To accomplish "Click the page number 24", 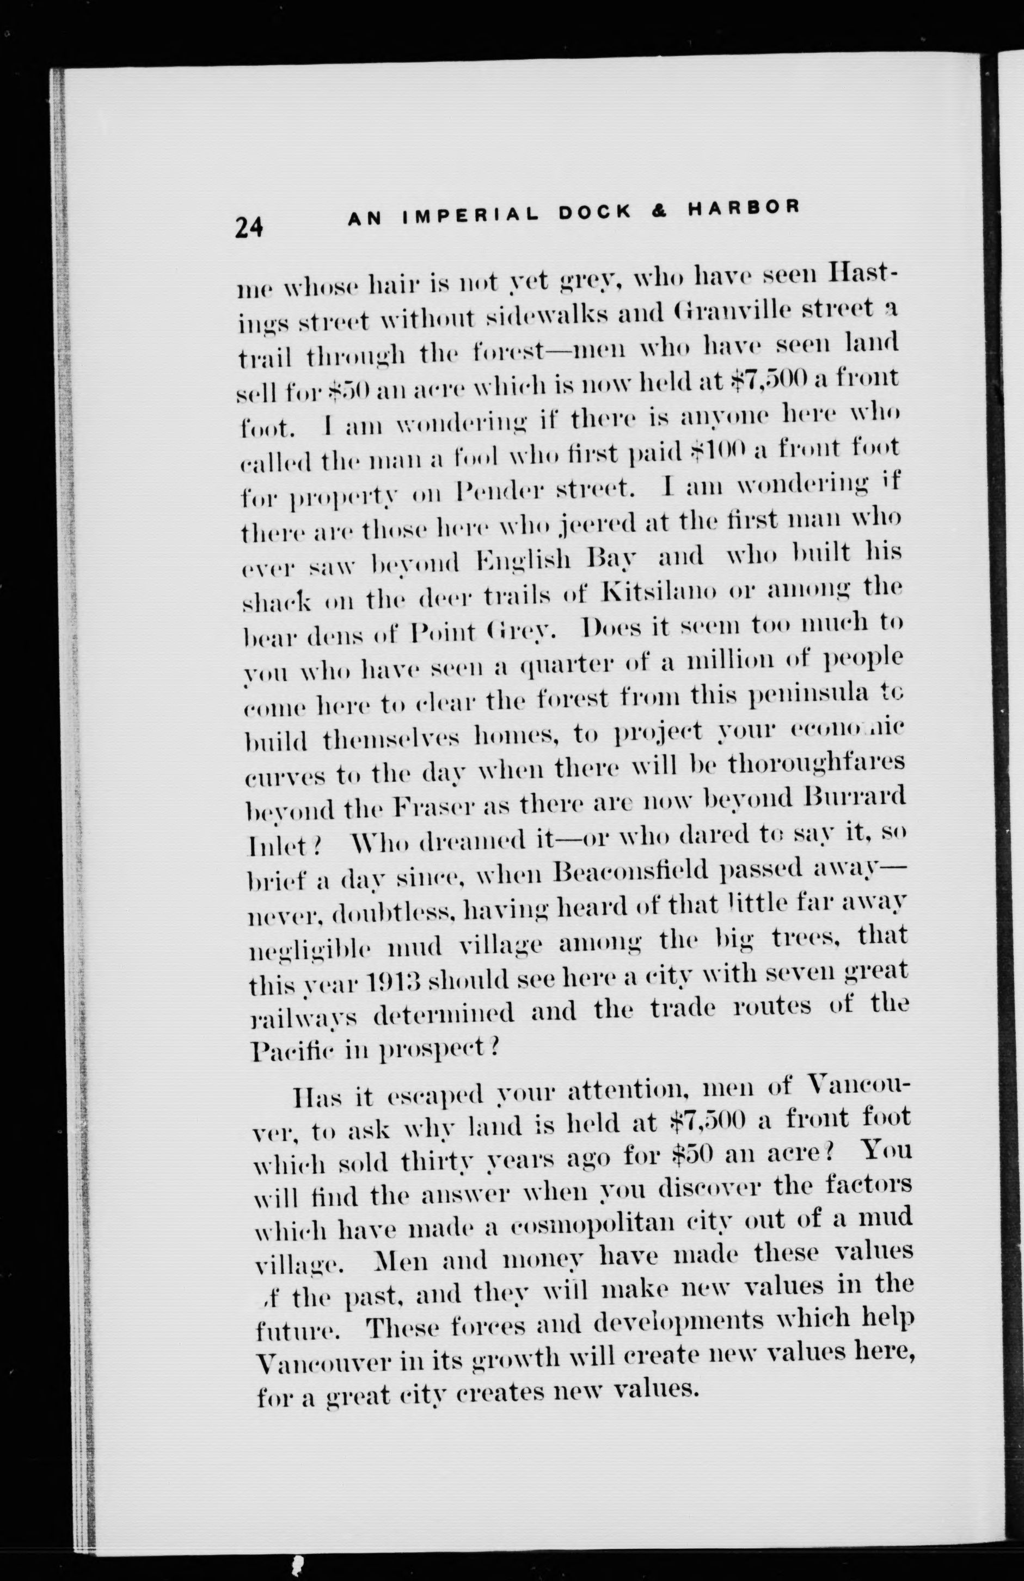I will tap(249, 228).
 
